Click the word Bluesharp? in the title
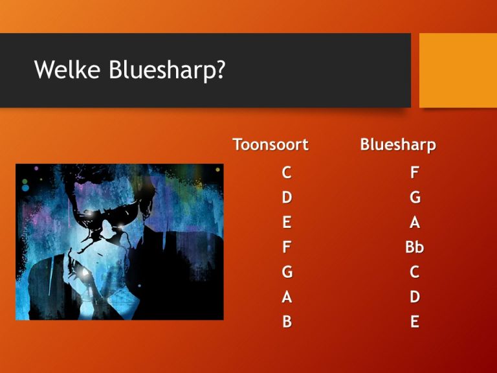click(x=167, y=71)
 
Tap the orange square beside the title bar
click(x=458, y=70)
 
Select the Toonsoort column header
click(x=271, y=145)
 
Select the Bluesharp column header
click(x=398, y=145)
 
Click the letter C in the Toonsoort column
click(x=286, y=173)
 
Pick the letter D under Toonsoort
click(x=287, y=197)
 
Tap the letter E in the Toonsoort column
click(x=287, y=222)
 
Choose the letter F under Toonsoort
click(x=287, y=247)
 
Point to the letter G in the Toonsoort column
click(x=287, y=272)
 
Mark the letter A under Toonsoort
click(x=287, y=297)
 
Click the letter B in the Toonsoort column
click(x=287, y=322)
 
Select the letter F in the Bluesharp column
click(x=414, y=173)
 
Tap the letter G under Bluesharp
click(x=415, y=197)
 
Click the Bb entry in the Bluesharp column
click(x=414, y=247)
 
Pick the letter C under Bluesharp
click(x=415, y=272)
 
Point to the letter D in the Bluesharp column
click(x=415, y=297)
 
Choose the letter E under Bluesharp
click(x=415, y=322)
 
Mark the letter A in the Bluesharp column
click(x=415, y=222)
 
